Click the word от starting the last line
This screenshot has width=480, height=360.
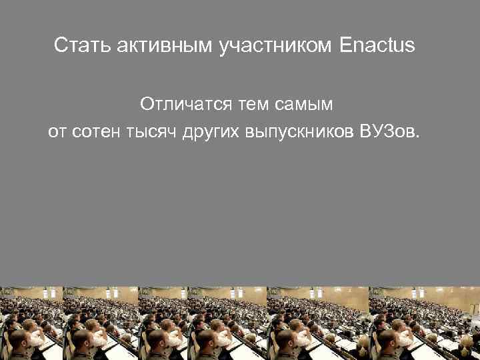coord(56,132)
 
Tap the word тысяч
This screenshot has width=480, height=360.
coord(151,132)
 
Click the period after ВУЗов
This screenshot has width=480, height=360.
coord(419,137)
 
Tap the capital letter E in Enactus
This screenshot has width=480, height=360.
coord(345,46)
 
